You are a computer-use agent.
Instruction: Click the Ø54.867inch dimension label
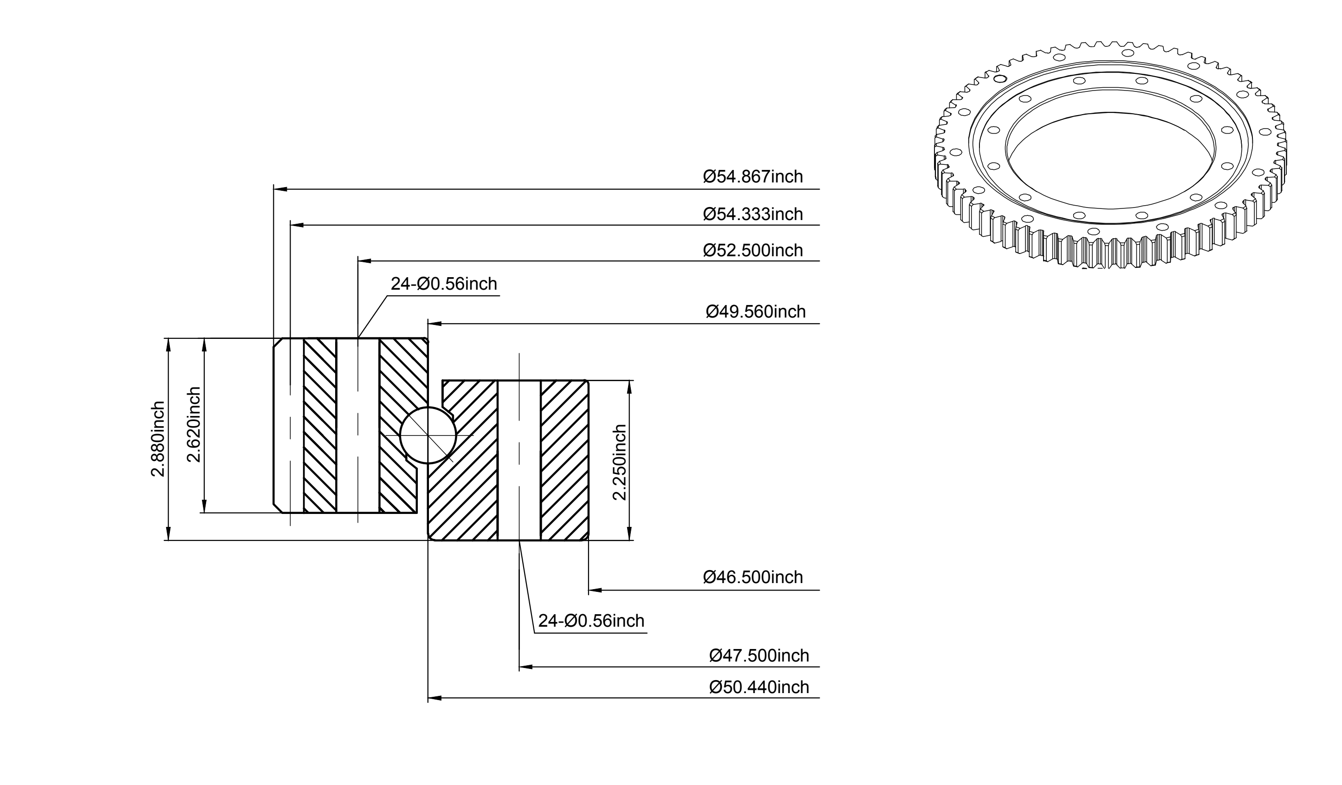(x=752, y=176)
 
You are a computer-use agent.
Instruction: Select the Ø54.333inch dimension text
(x=752, y=214)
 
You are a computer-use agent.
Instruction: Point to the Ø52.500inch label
(x=752, y=250)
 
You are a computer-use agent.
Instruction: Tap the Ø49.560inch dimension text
(x=756, y=311)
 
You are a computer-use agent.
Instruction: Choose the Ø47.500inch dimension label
(x=759, y=655)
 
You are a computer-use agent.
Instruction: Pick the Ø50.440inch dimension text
(x=759, y=688)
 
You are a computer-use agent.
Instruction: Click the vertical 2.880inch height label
(x=158, y=439)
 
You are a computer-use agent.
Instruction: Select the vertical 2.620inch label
(x=194, y=425)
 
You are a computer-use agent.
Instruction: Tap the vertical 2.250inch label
(x=619, y=463)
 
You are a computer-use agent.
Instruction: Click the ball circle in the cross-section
(x=428, y=408)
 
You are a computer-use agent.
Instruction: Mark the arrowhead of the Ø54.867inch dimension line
(x=280, y=189)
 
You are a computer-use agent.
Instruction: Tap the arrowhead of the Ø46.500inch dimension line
(x=596, y=590)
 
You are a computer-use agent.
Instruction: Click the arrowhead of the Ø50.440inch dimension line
(x=434, y=698)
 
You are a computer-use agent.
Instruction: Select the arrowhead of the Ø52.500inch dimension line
(x=364, y=261)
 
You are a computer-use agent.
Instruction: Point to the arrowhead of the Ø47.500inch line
(x=525, y=667)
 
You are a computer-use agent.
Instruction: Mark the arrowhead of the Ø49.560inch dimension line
(x=434, y=323)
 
